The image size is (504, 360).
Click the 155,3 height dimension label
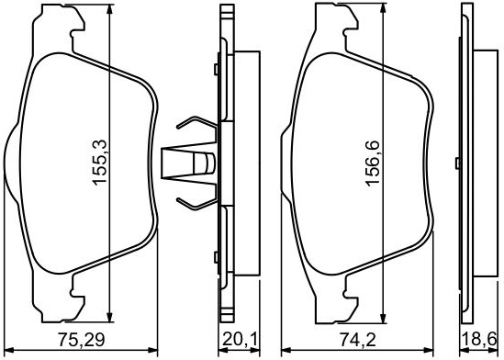[x=99, y=163]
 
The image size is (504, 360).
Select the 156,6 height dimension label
[x=373, y=163]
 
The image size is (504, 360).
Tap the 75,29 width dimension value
[x=82, y=340]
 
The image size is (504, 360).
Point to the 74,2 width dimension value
[x=357, y=340]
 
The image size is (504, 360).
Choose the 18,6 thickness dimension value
[x=479, y=340]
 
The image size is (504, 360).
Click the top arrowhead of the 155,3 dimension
[x=110, y=9]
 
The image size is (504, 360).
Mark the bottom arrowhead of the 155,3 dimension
[x=110, y=317]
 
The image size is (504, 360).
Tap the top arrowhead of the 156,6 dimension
[x=383, y=8]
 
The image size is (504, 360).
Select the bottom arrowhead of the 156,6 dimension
[x=383, y=319]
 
